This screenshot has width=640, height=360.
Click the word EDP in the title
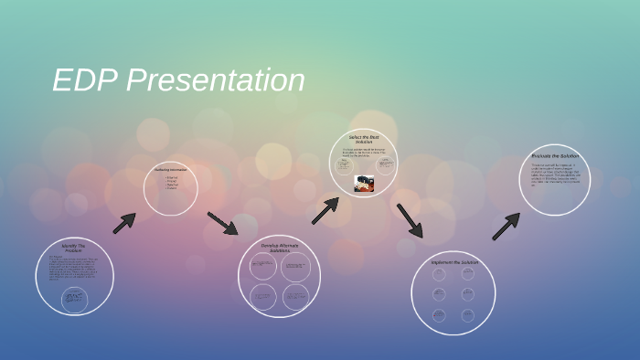pos(85,81)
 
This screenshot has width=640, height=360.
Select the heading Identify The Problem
pos(73,248)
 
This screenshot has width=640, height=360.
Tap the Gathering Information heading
pos(171,169)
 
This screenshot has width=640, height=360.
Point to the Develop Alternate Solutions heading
pos(279,247)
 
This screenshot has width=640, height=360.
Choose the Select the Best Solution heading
pos(363,139)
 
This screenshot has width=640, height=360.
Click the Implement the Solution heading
pos(454,262)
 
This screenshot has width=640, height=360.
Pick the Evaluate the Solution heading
pos(555,156)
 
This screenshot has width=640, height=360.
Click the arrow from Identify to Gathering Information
pos(124,223)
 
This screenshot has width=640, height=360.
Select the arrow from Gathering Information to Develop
pos(222,223)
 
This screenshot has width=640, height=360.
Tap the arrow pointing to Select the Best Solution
pos(325,211)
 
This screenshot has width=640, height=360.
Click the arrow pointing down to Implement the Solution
pos(410,220)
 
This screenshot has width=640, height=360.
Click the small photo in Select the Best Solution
pos(364,184)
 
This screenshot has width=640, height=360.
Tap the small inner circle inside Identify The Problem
pos(74,299)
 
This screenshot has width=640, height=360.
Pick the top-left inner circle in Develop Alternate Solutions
pos(263,266)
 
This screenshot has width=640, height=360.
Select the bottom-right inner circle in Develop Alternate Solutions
pos(295,296)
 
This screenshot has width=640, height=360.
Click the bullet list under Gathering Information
pos(172,183)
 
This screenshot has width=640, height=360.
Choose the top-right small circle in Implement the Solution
pos(468,273)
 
